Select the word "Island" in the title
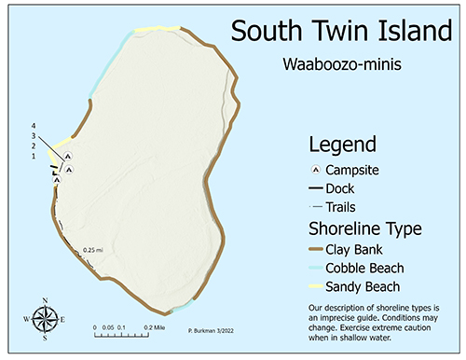[418, 32]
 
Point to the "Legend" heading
[343, 145]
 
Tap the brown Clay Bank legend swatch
[319, 250]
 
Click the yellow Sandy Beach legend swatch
[319, 286]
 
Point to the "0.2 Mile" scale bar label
[155, 328]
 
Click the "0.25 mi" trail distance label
[91, 249]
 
